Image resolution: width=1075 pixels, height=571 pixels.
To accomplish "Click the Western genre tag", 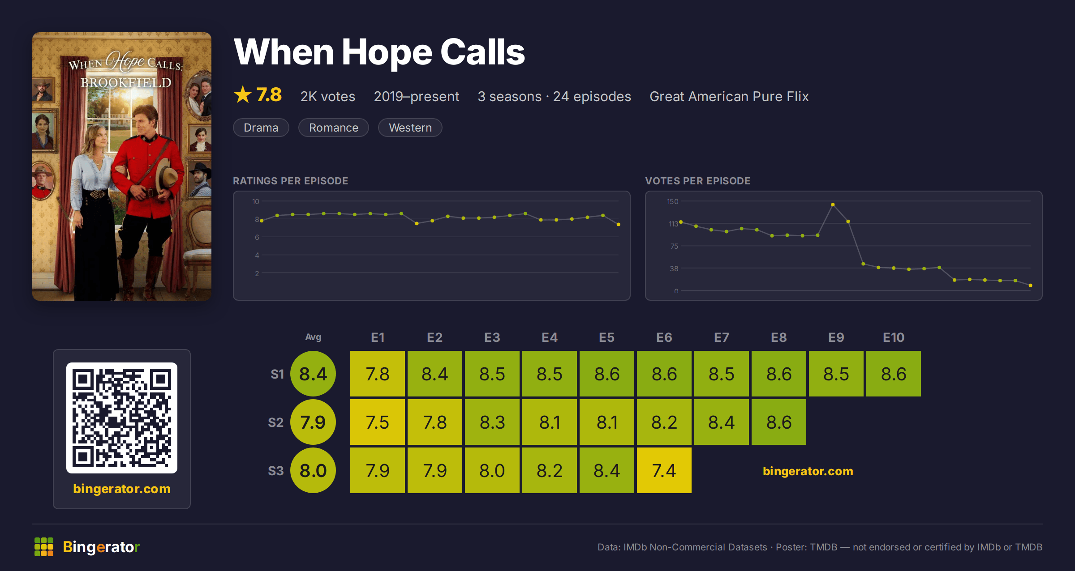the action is [410, 128].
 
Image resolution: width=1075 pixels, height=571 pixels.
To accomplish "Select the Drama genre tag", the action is [261, 128].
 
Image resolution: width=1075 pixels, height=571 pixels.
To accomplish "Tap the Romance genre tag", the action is [333, 128].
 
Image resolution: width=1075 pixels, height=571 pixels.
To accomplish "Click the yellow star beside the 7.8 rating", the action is [243, 94].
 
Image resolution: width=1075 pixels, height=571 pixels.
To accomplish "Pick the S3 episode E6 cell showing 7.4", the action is [664, 470].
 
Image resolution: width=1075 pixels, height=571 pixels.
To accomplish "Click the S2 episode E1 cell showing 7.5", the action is [377, 422].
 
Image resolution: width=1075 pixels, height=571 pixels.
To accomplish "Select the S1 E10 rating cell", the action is [893, 374].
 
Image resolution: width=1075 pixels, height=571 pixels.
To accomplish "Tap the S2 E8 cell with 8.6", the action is [778, 422].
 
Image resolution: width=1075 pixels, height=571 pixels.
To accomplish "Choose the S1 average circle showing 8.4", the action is [313, 374].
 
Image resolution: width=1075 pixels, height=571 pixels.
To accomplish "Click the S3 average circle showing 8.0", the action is [313, 470].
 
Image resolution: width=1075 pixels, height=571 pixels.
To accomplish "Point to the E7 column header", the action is [721, 337].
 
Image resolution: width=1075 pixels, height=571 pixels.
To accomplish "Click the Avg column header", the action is [313, 337].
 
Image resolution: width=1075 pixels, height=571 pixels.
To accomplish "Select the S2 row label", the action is [275, 422].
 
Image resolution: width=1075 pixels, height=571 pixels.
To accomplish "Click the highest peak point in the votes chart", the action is [833, 205].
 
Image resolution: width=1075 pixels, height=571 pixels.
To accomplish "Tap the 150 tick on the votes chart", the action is [672, 201].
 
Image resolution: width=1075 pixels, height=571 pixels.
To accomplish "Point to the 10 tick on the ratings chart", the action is [255, 201].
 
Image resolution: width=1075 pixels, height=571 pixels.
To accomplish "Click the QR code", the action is [122, 418].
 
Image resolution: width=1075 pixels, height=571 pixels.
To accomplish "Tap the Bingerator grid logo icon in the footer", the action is [44, 547].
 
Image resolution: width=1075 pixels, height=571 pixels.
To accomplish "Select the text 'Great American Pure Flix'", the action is [729, 96].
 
